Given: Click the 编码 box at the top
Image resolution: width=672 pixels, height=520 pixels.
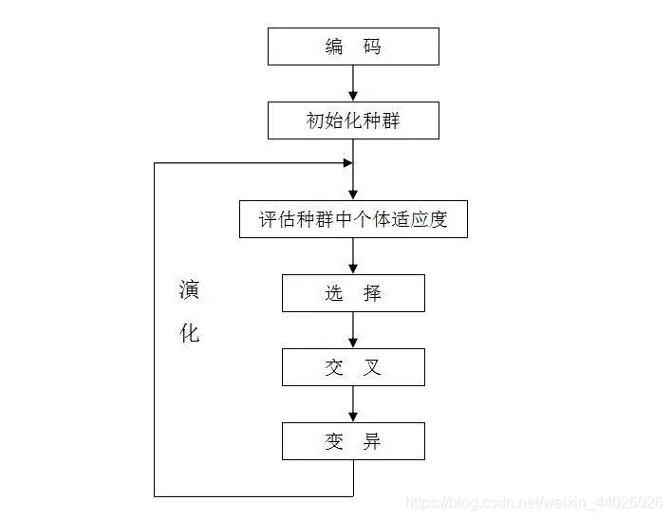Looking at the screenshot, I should tap(353, 46).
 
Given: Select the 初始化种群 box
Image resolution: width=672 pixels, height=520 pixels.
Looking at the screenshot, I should tap(353, 121).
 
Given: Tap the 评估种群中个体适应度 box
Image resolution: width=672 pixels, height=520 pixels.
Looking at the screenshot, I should tap(353, 219).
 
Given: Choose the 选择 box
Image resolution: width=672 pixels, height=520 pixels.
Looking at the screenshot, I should tap(353, 293).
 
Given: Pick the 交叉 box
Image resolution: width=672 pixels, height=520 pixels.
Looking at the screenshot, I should tap(353, 367).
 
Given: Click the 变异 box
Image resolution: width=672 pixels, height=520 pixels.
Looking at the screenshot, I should tap(353, 441).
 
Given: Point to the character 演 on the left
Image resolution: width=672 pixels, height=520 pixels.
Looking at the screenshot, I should tap(190, 290).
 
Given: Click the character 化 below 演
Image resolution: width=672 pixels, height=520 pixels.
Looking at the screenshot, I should tap(190, 334).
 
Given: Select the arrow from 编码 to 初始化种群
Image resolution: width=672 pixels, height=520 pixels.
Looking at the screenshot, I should tap(353, 84).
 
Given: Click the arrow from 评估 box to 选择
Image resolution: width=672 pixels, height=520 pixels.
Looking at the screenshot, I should tap(353, 256).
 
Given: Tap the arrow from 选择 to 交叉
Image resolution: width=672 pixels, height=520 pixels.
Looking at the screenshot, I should tap(353, 330).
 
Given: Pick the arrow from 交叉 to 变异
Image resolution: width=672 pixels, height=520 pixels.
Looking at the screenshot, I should tap(353, 404).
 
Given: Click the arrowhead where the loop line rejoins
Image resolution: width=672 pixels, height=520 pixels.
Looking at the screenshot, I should tap(347, 163).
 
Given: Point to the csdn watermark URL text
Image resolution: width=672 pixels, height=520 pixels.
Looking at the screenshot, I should tap(534, 501).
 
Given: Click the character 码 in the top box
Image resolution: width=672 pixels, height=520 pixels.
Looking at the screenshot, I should tap(372, 46).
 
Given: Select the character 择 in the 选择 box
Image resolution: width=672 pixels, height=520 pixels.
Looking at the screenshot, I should tap(372, 293).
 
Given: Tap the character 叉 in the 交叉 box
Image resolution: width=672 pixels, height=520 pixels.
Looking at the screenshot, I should tap(372, 367).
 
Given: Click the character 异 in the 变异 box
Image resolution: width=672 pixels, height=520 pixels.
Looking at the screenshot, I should tap(372, 441).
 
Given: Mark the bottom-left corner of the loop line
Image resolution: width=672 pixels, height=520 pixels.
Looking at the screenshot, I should tap(155, 495).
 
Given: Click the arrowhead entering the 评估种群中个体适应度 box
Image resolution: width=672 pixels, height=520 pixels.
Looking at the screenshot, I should tap(353, 195).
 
